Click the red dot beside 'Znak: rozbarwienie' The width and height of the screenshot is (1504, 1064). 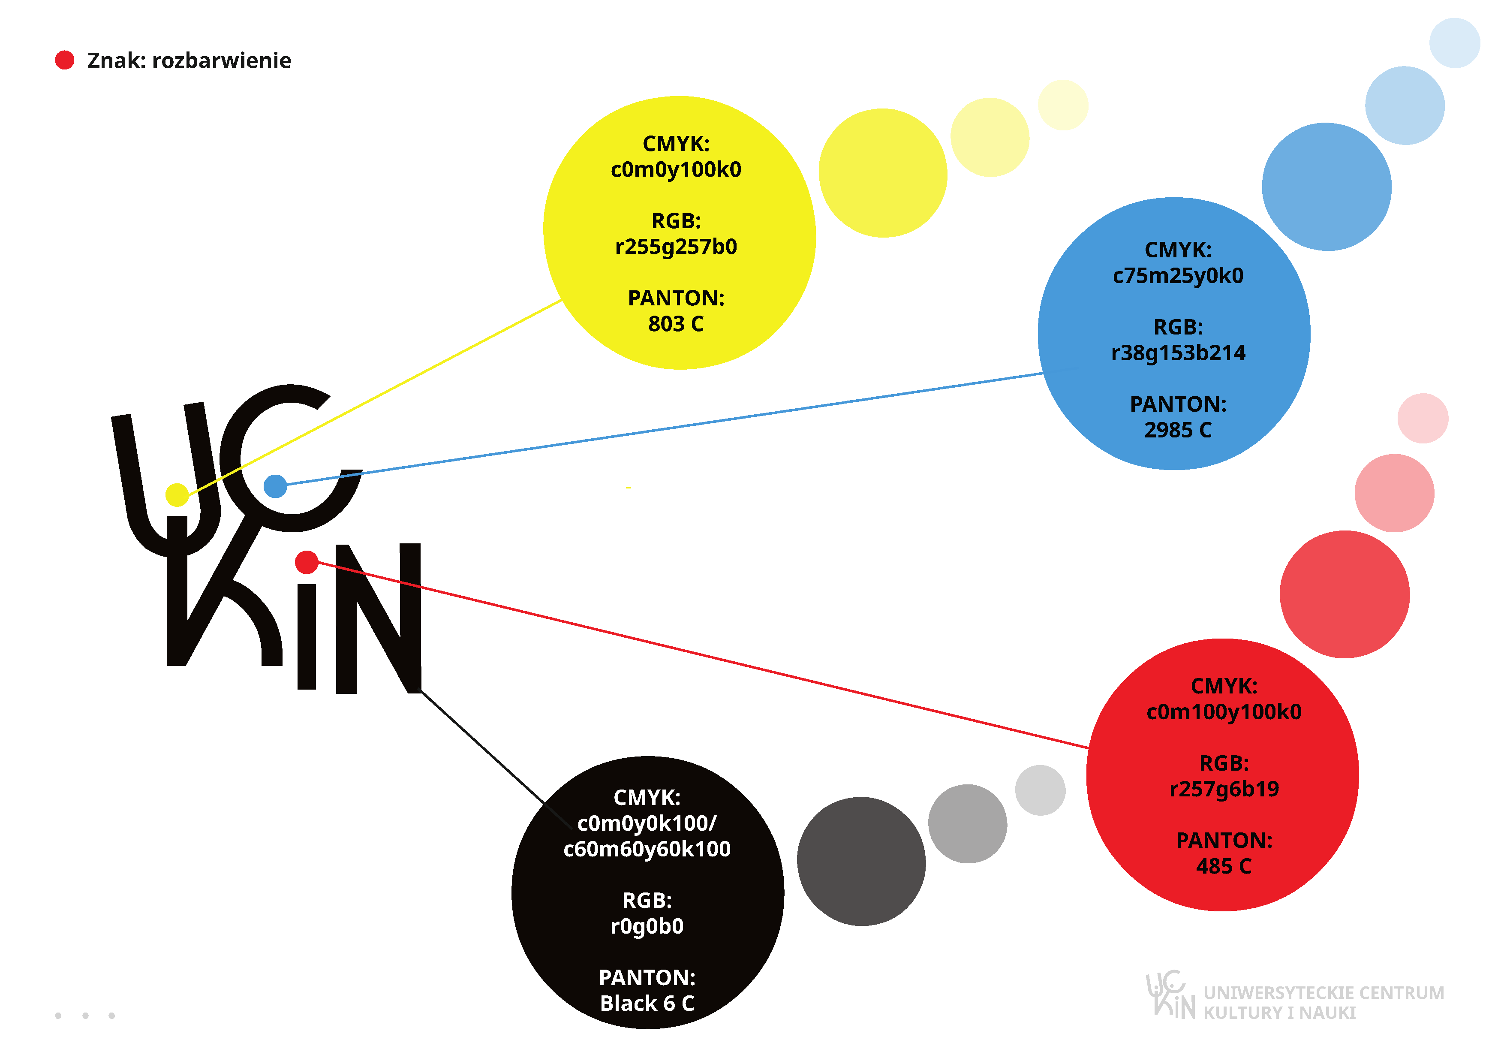65,60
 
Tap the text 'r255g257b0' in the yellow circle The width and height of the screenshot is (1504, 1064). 676,247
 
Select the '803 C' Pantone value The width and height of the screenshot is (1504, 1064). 676,324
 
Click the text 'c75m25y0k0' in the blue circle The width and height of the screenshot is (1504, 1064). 1178,276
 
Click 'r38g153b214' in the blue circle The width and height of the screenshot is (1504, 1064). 1178,353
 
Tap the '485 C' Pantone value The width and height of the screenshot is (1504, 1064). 1224,867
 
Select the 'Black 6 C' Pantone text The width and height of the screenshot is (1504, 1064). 647,1004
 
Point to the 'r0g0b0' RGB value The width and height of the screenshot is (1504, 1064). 647,926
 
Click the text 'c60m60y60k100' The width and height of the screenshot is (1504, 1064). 647,849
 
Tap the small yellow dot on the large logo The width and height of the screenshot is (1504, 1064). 177,494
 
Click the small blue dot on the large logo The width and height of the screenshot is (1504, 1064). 275,486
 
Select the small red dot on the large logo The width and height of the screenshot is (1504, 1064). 307,562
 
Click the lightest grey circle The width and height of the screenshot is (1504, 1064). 1040,790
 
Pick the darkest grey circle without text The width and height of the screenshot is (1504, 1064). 861,862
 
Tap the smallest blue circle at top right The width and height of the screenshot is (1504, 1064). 1455,43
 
